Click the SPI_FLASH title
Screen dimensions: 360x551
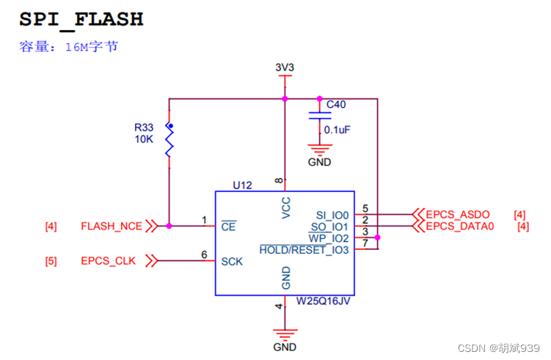[x=81, y=18]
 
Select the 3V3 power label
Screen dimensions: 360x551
[x=285, y=67]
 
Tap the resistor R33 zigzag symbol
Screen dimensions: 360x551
[x=169, y=140]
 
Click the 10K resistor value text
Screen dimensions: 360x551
[x=144, y=138]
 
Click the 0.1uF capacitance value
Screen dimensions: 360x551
[x=337, y=129]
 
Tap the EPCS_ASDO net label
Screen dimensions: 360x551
[x=459, y=215]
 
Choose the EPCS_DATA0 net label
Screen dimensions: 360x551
[x=461, y=227]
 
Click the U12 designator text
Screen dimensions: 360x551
[x=242, y=185]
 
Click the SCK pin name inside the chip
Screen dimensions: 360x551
[x=232, y=261]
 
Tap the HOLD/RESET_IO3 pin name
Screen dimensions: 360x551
[x=304, y=249]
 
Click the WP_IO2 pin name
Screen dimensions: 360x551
[x=329, y=238]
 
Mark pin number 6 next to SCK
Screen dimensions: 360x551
[x=204, y=254]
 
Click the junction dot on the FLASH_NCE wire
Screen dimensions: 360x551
[x=169, y=227]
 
